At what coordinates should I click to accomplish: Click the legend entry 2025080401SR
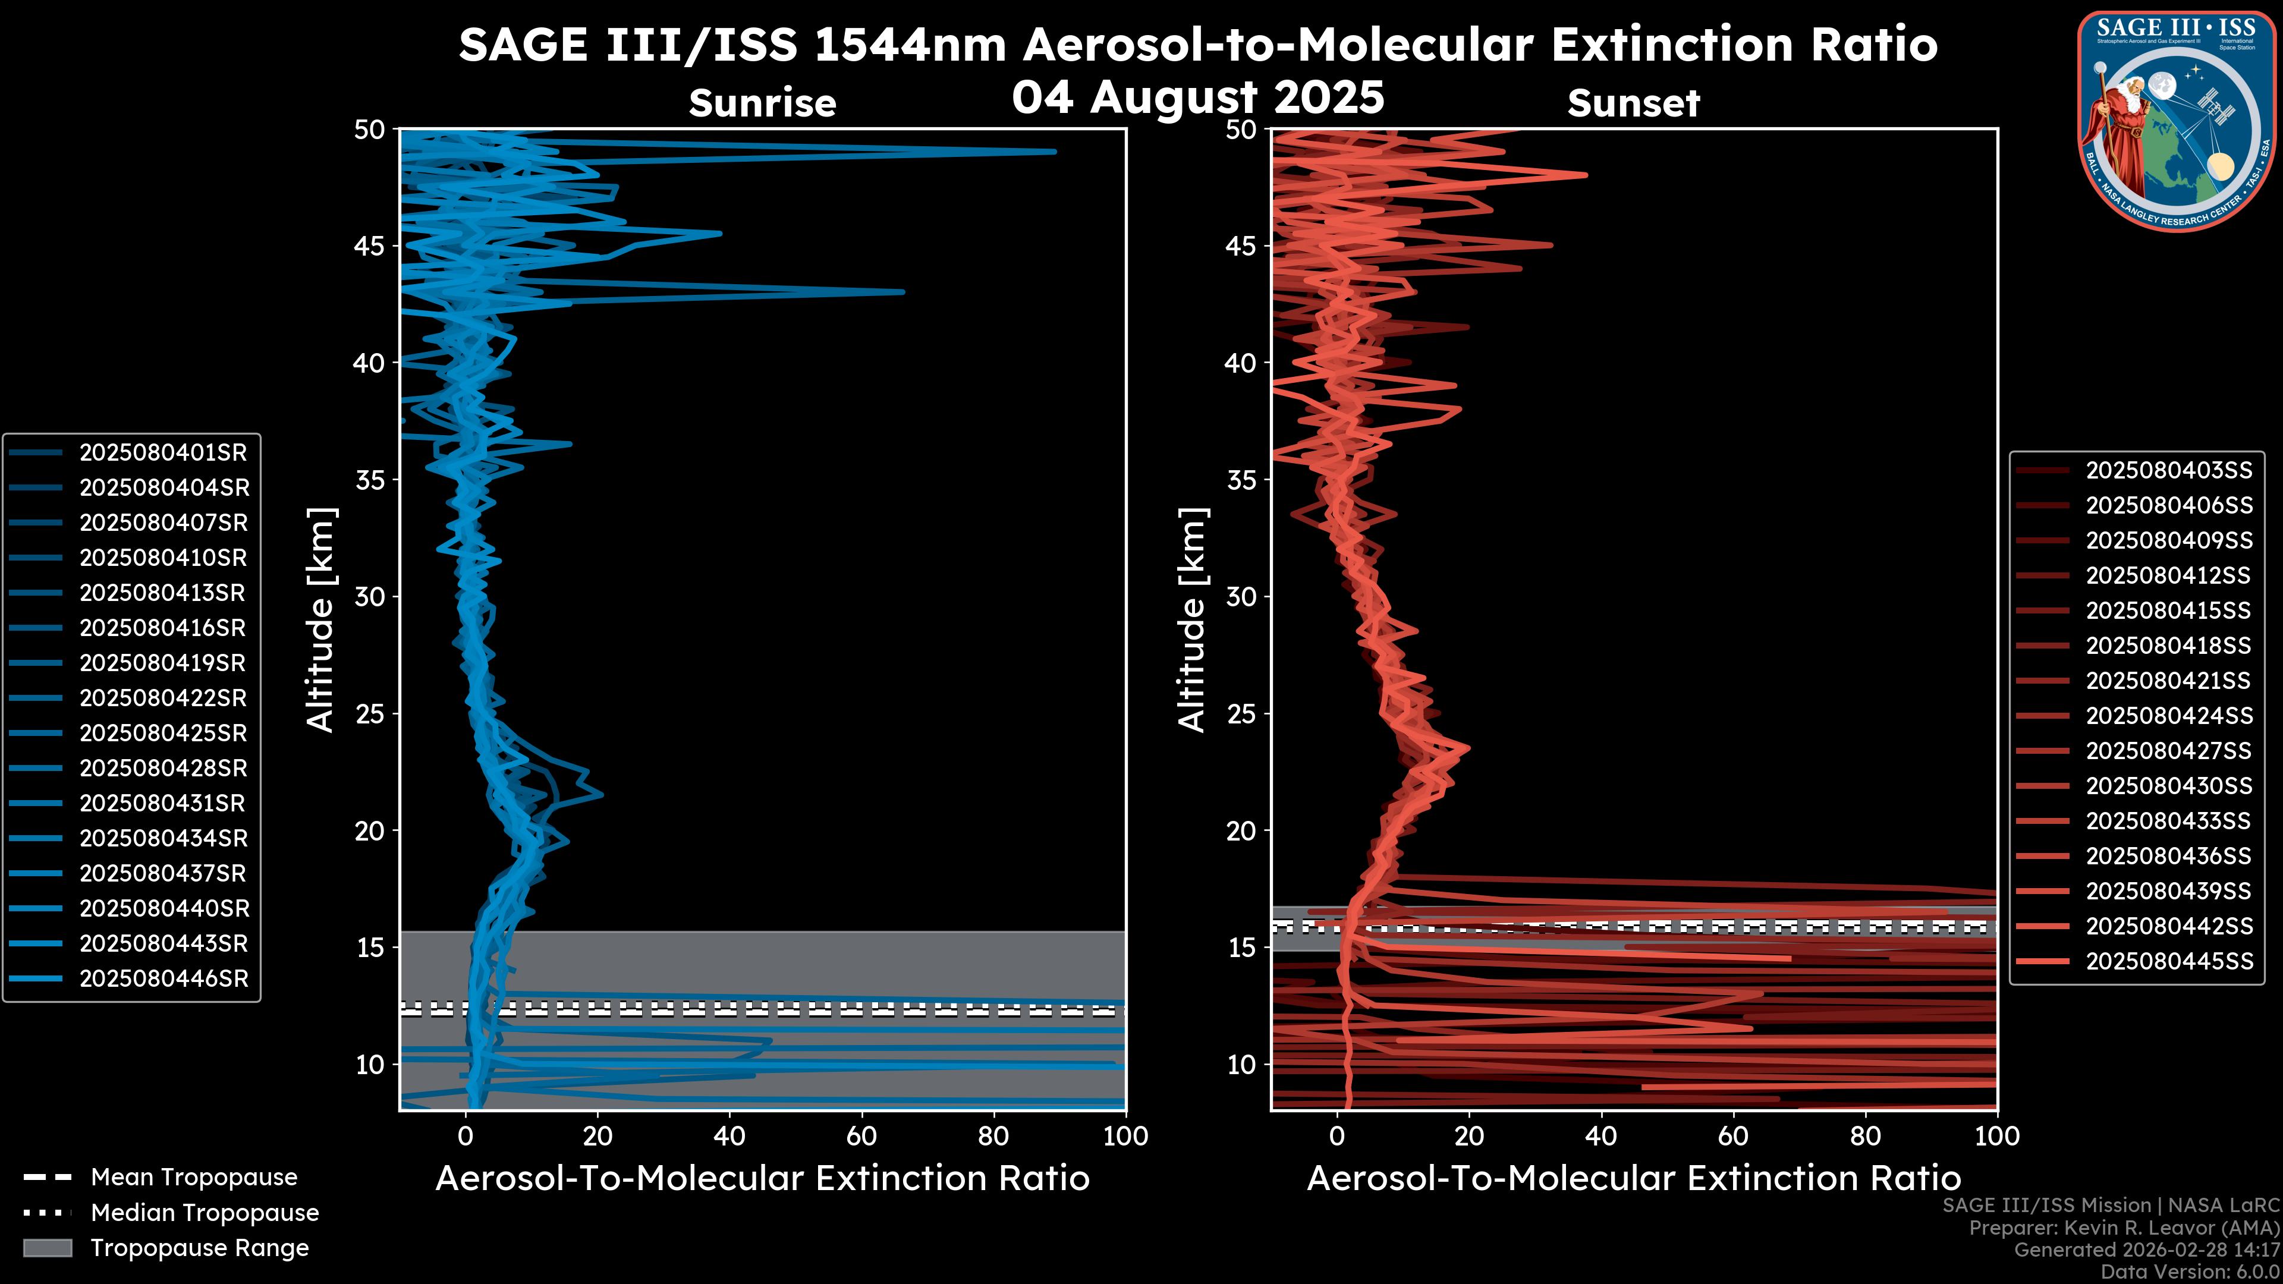coord(163,453)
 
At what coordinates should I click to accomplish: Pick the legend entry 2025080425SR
coord(163,734)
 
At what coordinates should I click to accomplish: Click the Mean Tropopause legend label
coord(194,1178)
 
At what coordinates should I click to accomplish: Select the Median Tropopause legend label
coord(205,1213)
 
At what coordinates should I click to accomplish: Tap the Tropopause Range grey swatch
coord(47,1248)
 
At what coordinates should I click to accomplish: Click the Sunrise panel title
coord(762,103)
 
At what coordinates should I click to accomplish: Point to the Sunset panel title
coord(1633,103)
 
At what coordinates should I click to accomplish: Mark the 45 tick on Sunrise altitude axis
coord(370,246)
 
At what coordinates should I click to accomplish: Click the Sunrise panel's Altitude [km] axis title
coord(320,620)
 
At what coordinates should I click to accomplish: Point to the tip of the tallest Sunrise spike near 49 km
coord(1055,152)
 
